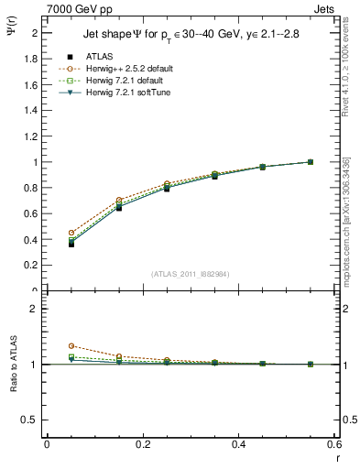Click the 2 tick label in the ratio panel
(x=35, y=309)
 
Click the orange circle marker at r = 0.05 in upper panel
(x=71, y=233)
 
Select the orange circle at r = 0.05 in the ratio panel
(x=71, y=346)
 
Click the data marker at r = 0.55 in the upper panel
(x=311, y=162)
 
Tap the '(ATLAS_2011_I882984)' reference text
(x=191, y=273)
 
